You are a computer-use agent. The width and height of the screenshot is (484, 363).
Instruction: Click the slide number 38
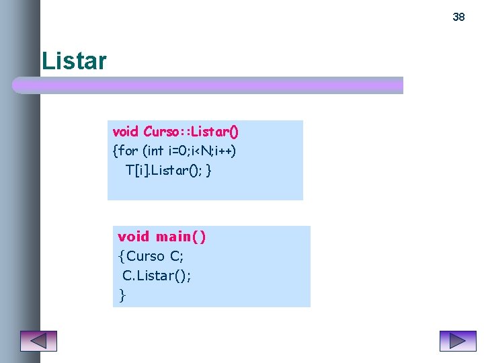point(458,17)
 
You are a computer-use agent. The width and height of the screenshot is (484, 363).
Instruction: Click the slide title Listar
point(74,61)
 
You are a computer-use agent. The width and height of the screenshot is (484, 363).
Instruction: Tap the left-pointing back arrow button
point(38,341)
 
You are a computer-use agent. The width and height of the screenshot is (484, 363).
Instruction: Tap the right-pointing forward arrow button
point(457,341)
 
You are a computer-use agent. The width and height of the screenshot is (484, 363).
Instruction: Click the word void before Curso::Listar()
point(126,132)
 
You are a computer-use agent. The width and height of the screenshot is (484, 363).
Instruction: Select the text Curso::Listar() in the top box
point(191,132)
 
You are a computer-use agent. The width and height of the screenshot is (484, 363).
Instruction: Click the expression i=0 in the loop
point(172,151)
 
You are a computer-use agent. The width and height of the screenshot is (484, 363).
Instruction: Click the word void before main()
point(133,237)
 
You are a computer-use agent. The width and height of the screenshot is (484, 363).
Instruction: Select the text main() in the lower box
point(181,237)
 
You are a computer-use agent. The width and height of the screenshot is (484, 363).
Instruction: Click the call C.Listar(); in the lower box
point(157,275)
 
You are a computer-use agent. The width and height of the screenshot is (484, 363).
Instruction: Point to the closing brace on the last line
point(122,294)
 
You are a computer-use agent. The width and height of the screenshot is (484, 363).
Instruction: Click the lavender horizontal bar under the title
point(208,85)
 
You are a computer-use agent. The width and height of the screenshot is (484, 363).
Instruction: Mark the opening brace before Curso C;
point(121,256)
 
